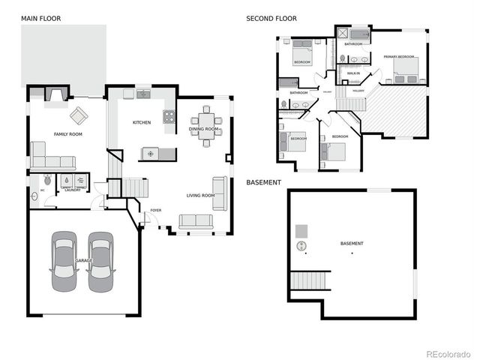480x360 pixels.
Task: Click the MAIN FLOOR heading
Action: click(41, 18)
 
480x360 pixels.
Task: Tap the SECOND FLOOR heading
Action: click(271, 18)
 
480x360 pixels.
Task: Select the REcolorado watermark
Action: click(449, 353)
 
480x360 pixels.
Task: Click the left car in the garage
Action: click(64, 262)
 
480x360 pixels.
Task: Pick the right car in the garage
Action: click(100, 262)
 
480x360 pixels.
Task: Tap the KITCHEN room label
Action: click(142, 122)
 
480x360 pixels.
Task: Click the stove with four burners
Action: click(169, 117)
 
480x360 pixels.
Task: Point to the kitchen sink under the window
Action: click(142, 94)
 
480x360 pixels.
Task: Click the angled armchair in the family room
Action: click(79, 116)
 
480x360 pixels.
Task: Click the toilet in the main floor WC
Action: click(47, 180)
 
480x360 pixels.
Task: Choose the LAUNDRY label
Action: click(73, 190)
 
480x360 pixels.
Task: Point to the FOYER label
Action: click(156, 211)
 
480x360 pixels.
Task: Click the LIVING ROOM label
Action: click(200, 196)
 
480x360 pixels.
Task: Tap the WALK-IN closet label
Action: click(353, 73)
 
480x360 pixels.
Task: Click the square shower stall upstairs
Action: click(343, 34)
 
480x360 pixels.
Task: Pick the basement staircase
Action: click(310, 280)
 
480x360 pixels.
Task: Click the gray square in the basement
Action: click(301, 230)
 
